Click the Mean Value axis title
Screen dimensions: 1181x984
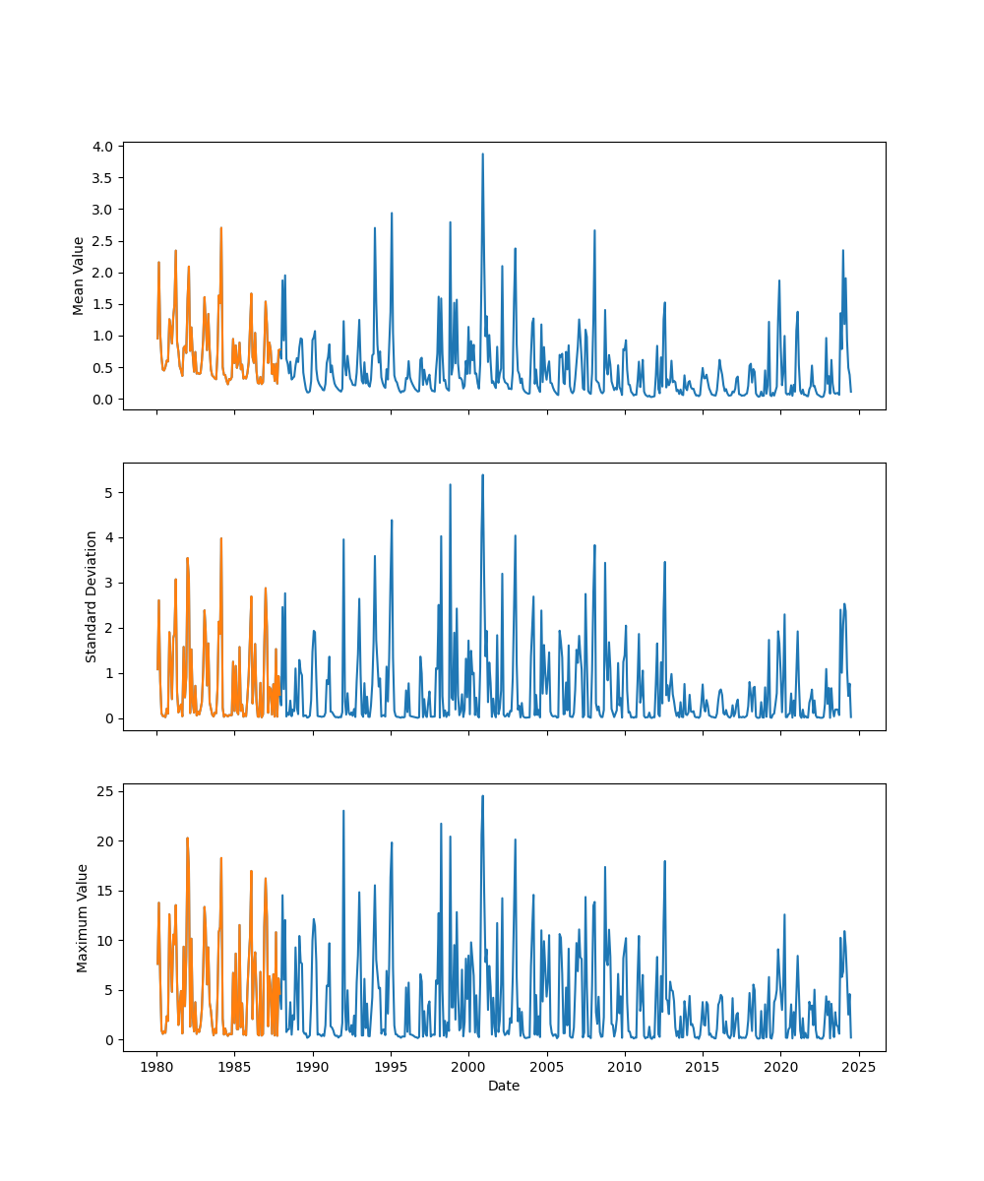pos(79,276)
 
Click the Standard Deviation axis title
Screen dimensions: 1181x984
pos(92,596)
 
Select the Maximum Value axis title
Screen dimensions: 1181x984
pos(83,917)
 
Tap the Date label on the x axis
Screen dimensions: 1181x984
pos(504,1086)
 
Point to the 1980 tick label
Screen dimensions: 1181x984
pos(156,1067)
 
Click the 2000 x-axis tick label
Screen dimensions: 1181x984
pos(468,1067)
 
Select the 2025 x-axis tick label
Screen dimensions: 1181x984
pos(859,1067)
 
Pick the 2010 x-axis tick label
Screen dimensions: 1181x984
pos(625,1067)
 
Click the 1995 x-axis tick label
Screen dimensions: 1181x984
pos(391,1067)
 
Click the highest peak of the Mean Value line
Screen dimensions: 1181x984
pos(482,154)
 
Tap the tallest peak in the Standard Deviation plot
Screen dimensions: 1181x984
pos(482,474)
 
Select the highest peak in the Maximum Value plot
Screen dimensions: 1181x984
pos(482,795)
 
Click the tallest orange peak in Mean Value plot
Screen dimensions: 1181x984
pos(220,227)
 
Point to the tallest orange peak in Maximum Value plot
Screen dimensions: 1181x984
pos(187,838)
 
